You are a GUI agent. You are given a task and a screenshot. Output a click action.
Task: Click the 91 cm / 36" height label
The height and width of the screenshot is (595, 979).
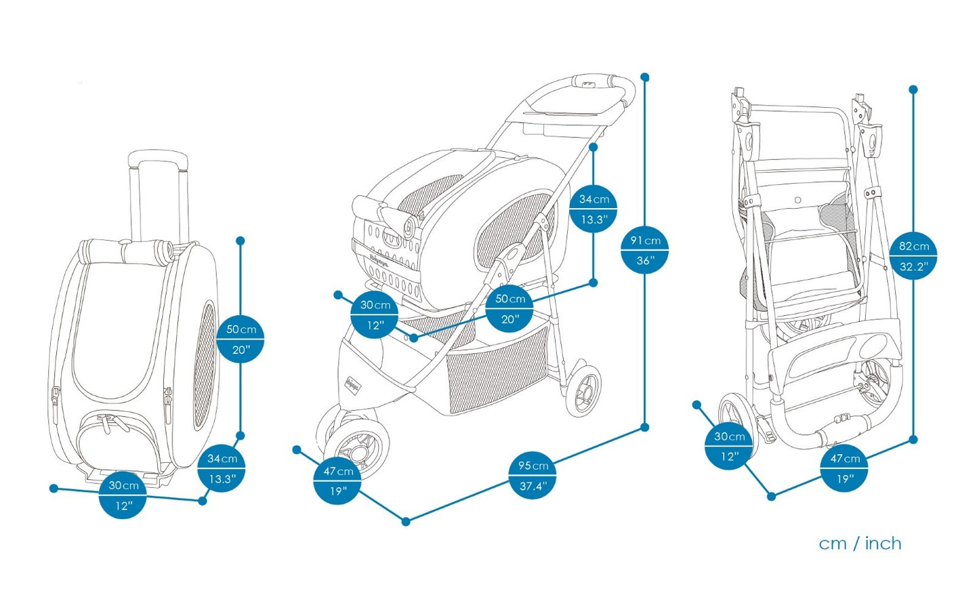point(644,250)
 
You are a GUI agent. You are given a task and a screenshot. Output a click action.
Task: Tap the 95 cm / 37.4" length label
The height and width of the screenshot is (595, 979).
point(533,475)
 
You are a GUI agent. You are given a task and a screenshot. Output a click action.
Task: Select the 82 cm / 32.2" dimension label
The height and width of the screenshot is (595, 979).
point(913,256)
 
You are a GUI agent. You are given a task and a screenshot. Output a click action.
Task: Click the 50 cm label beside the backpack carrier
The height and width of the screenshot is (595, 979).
point(241,340)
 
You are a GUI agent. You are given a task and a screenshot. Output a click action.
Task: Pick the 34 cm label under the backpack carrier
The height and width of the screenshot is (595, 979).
point(222,468)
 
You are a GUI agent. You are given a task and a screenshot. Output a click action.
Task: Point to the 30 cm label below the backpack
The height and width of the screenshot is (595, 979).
point(123,495)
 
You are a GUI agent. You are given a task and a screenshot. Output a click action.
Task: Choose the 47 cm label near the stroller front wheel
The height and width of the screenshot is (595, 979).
point(337,480)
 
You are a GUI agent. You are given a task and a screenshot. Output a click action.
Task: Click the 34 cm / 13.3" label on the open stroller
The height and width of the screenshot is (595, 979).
point(593,209)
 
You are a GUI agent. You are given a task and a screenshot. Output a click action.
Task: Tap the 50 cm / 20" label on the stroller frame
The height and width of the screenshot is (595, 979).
point(509,308)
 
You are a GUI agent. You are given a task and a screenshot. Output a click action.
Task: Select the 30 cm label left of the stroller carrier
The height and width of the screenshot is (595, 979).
point(375,315)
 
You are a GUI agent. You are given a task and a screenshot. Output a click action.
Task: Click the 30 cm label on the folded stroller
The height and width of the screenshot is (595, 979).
point(729,446)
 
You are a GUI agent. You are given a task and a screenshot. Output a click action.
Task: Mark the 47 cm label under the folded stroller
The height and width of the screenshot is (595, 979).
point(844,468)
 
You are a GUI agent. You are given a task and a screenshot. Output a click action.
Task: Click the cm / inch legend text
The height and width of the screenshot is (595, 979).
point(860,543)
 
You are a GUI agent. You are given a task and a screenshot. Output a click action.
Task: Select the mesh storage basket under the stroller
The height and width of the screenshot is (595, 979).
point(498,373)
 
